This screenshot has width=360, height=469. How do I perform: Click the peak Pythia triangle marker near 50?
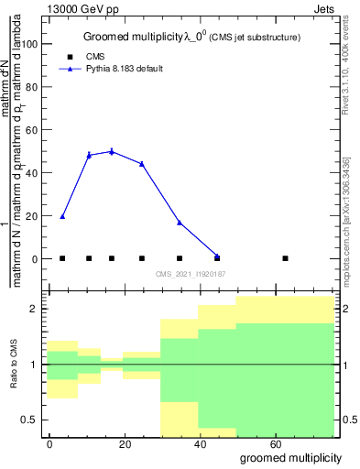112,151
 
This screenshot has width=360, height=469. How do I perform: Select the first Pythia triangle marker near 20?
62,216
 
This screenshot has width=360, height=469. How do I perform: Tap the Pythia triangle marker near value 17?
180,223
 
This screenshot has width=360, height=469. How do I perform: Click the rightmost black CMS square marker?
286,258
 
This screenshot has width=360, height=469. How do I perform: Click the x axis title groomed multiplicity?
290,457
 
